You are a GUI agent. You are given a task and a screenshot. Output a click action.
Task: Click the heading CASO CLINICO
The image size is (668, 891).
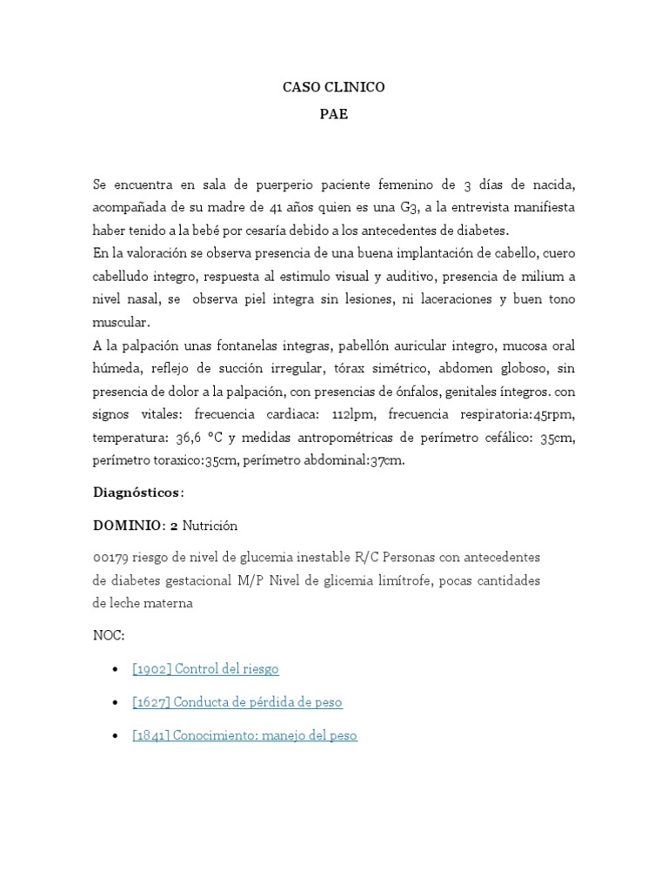334,87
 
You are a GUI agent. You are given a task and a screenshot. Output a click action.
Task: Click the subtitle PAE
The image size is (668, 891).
334,114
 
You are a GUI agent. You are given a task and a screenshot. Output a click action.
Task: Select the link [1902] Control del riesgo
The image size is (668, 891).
205,669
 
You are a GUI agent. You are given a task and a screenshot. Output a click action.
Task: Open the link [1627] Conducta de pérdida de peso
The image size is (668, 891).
230,702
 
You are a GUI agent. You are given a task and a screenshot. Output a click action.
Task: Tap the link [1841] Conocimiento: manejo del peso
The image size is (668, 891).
244,735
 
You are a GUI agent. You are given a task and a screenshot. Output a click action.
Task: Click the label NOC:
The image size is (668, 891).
109,635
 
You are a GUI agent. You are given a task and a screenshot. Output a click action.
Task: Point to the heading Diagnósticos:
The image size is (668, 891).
138,492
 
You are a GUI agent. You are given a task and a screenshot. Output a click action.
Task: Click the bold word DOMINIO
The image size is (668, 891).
127,526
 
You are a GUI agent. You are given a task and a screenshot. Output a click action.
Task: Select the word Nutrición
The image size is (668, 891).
210,526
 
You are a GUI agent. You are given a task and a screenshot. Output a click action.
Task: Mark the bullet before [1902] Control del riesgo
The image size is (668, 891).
117,669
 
